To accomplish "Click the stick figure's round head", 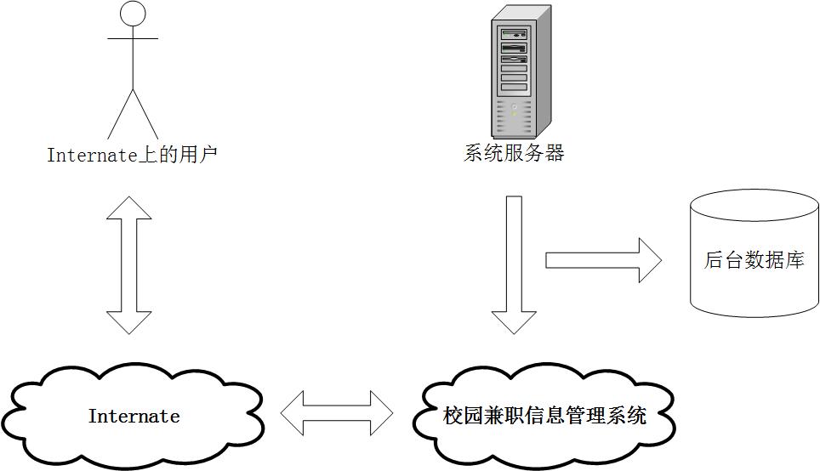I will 132,14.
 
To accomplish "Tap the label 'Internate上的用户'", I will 132,155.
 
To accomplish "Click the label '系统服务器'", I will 514,153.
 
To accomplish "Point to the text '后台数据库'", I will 754,260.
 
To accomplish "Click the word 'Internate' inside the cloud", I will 134,417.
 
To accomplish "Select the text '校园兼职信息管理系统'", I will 544,416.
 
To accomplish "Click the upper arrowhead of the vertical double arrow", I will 129,207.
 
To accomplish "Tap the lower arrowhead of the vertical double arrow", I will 129,322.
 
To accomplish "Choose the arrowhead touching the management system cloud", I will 514,323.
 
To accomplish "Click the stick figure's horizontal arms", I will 132,38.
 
